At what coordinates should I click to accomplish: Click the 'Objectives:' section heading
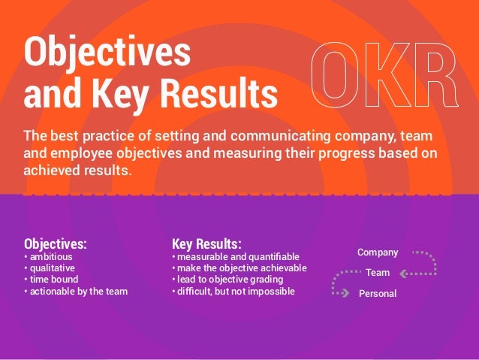point(56,244)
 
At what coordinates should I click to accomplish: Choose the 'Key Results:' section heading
point(206,244)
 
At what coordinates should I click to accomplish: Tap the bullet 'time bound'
point(53,279)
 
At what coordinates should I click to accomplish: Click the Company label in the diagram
point(378,253)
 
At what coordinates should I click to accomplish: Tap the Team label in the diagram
point(378,273)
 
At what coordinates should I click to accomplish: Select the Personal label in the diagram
point(378,294)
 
